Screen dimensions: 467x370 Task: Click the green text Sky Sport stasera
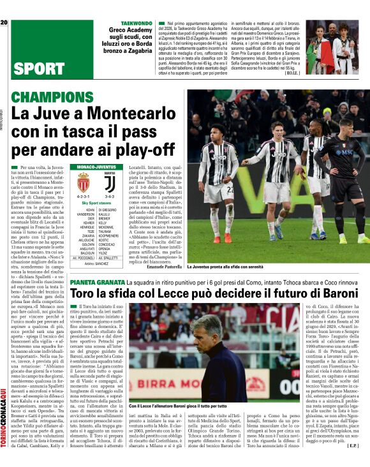(98, 202)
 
